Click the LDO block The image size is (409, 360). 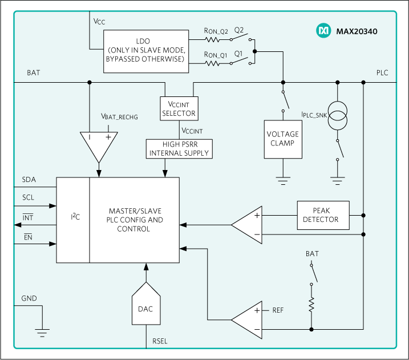click(147, 51)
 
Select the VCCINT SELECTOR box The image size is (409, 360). click(179, 108)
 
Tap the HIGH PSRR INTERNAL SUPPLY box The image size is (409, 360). click(179, 148)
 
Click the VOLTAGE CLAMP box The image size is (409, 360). click(282, 139)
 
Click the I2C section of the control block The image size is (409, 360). click(72, 220)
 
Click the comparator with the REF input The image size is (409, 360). click(247, 320)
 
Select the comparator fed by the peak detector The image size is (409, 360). click(247, 225)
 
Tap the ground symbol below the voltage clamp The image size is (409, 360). click(282, 181)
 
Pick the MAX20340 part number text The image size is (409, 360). click(357, 31)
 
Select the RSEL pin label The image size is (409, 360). click(160, 342)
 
